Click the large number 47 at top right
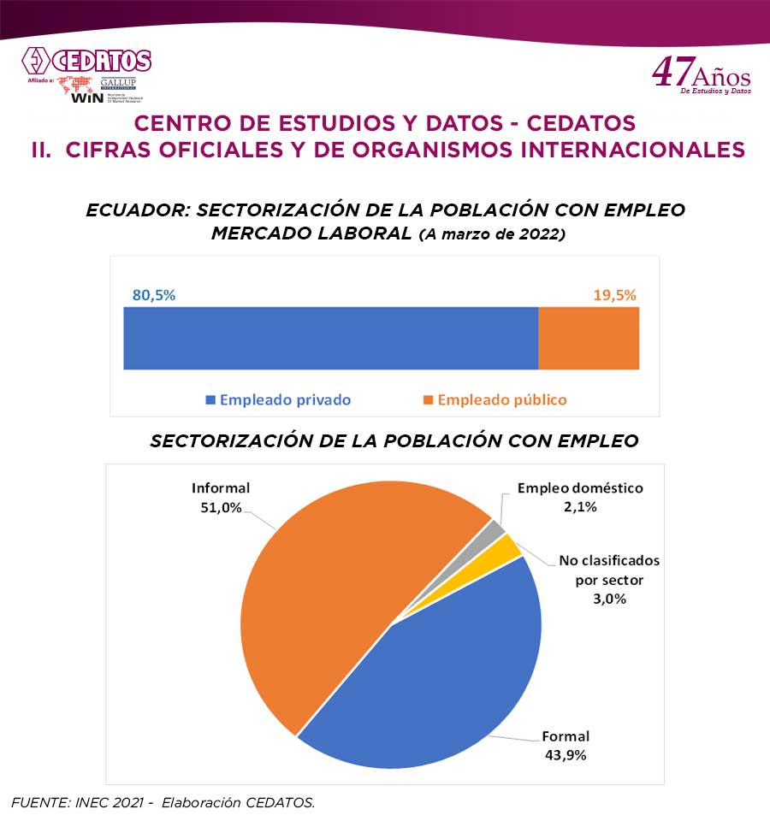coord(671,73)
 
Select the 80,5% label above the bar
coord(153,295)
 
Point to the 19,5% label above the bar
coord(615,295)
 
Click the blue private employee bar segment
coord(330,338)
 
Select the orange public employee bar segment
coord(589,338)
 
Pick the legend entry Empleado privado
coord(278,399)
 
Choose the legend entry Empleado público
coord(495,399)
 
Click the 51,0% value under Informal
coord(221,507)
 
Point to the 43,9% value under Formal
coord(566,754)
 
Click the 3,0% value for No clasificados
coord(609,599)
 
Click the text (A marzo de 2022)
coord(491,235)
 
